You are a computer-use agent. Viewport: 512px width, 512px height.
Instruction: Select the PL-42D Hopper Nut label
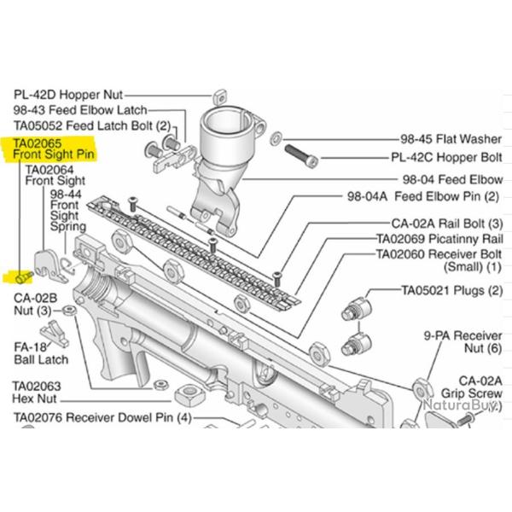68,95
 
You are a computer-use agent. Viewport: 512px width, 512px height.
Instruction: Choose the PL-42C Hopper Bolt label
446,157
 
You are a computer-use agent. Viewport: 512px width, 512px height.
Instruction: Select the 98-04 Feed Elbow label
452,180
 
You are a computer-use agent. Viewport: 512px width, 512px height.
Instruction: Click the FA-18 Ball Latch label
35,354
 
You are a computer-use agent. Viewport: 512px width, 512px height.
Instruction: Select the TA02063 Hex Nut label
37,393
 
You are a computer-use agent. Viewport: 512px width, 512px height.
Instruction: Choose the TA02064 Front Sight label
55,175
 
